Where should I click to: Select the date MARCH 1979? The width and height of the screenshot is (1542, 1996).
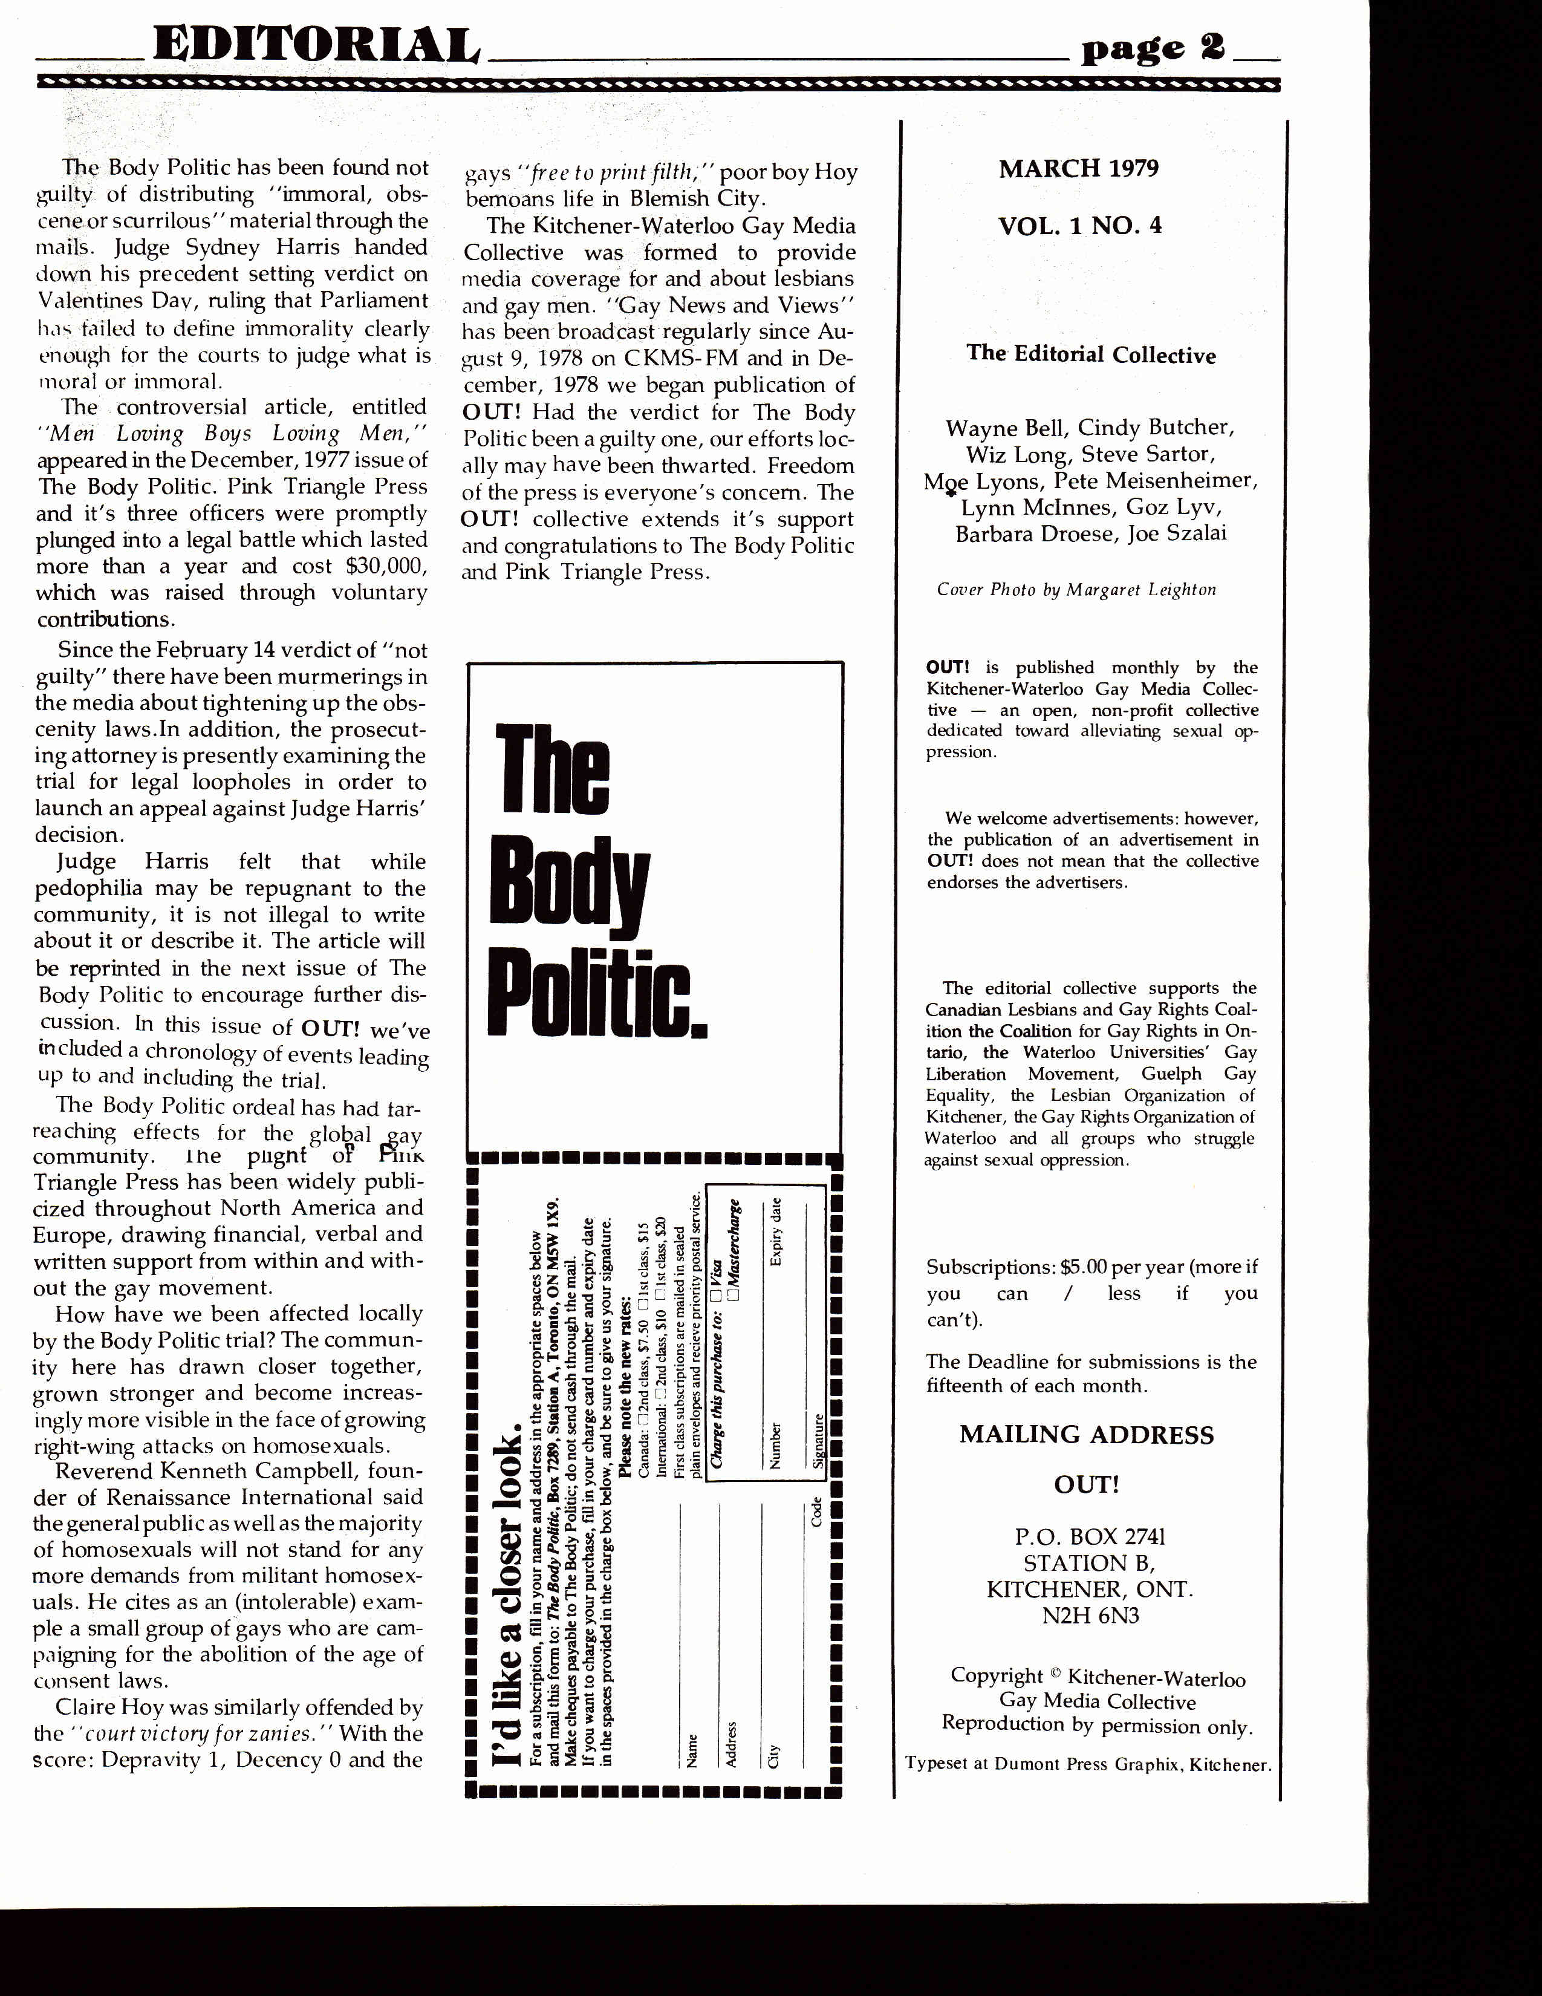[x=1079, y=169]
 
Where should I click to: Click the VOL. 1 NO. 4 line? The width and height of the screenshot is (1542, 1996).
[x=1080, y=226]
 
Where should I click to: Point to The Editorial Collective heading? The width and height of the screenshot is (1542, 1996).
[x=1091, y=354]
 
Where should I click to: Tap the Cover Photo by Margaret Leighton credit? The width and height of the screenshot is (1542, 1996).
[x=1076, y=590]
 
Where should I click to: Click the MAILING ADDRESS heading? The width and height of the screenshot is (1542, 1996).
[x=1086, y=1435]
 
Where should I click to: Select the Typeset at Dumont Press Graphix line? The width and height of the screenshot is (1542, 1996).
[x=1087, y=1765]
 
